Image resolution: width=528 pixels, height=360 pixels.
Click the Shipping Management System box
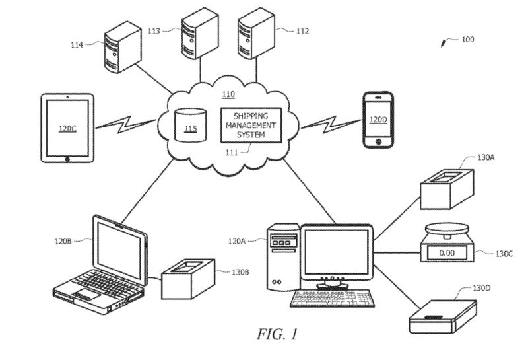tap(250, 125)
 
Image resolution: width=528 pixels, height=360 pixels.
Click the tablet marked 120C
tap(68, 128)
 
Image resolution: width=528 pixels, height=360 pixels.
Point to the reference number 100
tap(467, 40)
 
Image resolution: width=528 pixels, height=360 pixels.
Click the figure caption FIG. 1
tap(277, 334)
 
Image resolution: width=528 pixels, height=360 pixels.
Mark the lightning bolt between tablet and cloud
tap(127, 123)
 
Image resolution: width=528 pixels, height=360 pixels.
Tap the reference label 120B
tap(63, 242)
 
